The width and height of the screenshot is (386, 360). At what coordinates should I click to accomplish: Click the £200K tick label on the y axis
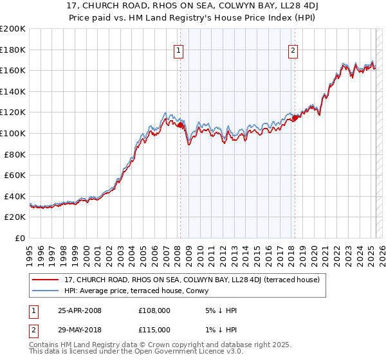point(13,29)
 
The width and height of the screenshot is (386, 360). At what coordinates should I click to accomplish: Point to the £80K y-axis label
point(15,154)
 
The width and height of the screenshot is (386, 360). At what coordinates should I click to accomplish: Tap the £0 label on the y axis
point(21,238)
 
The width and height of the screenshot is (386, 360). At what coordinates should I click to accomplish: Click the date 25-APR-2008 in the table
point(80,310)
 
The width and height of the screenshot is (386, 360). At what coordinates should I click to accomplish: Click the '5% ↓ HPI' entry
point(219,310)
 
